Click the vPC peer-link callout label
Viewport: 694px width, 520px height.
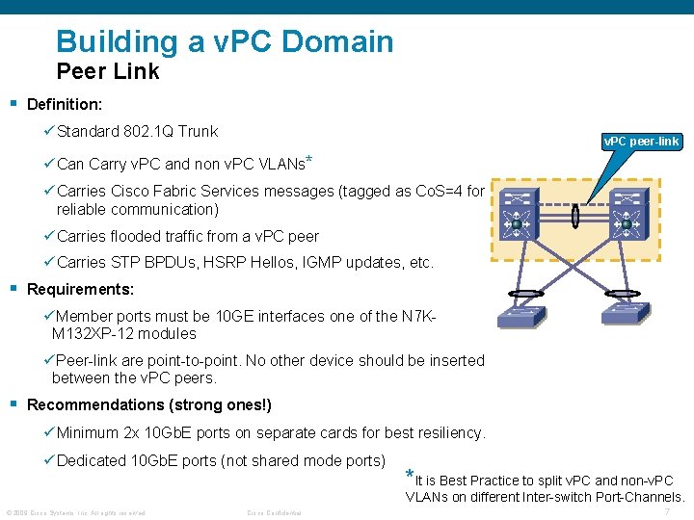click(x=641, y=142)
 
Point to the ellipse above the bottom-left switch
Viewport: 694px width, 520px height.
click(x=528, y=294)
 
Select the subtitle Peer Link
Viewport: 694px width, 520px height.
click(x=108, y=71)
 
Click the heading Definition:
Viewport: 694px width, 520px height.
click(x=65, y=103)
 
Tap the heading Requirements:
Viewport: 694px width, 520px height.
click(x=80, y=289)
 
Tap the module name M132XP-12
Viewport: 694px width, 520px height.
click(x=92, y=334)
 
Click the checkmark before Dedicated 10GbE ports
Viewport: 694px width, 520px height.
click(x=49, y=460)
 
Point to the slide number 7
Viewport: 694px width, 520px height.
click(x=668, y=511)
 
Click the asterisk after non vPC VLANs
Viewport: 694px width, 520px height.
click(x=308, y=159)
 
